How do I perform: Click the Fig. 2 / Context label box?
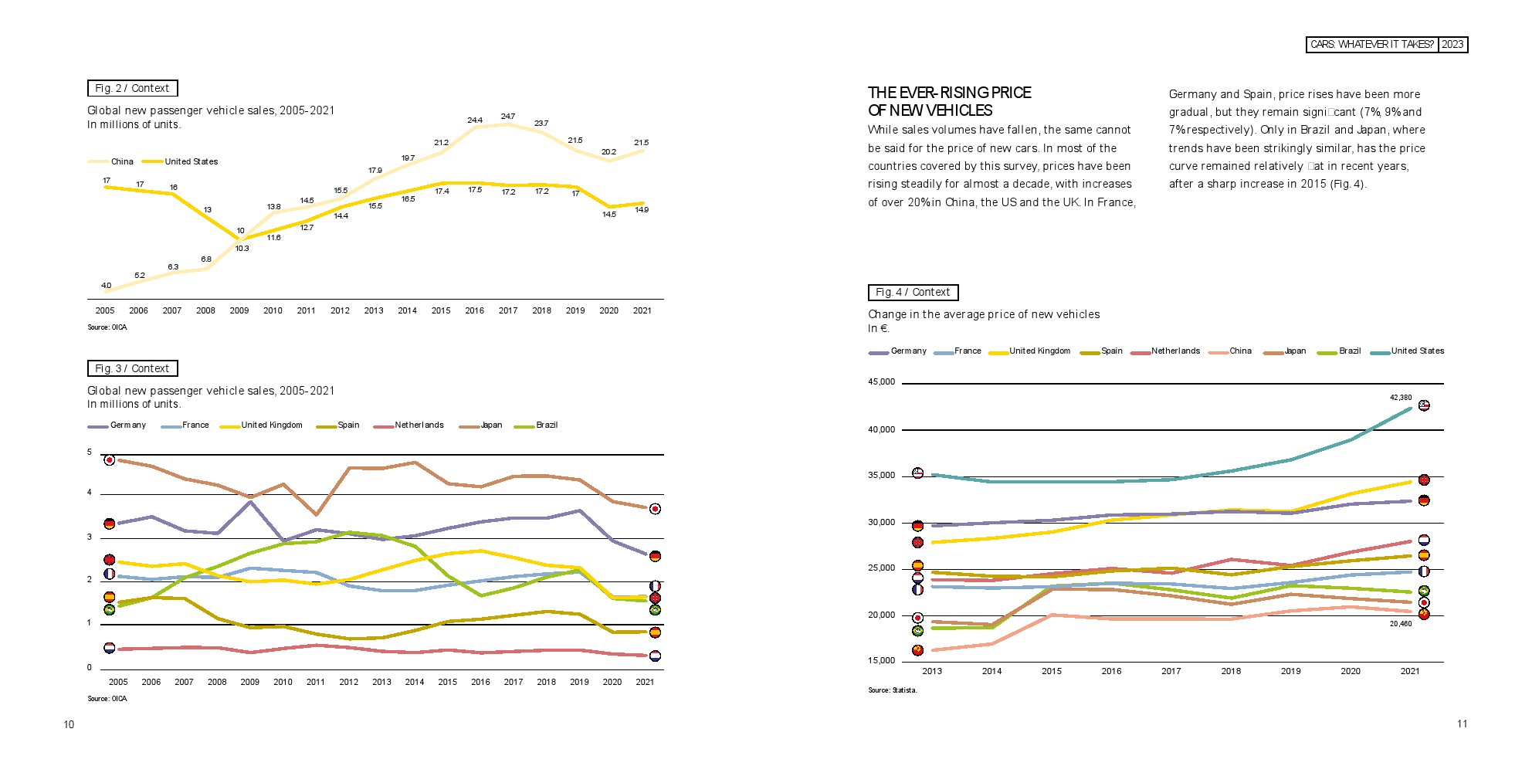tap(132, 89)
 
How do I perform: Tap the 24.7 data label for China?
tap(507, 117)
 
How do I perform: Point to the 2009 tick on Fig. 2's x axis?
tap(239, 311)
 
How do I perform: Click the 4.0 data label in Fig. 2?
tap(107, 286)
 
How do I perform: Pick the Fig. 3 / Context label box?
tap(132, 369)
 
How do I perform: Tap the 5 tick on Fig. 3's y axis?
tap(90, 452)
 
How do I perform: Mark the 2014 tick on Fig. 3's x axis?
tap(415, 683)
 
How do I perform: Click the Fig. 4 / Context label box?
tap(913, 293)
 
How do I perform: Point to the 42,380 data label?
tap(1401, 398)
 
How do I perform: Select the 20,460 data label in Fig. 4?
tap(1401, 624)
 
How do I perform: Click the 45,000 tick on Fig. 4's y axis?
tap(882, 382)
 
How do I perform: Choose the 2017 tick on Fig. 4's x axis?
tap(1171, 672)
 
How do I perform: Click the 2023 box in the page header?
tap(1452, 45)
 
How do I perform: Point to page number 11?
tap(1462, 724)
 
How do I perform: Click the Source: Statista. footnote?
tap(893, 690)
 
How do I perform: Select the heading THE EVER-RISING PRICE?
tap(950, 93)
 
